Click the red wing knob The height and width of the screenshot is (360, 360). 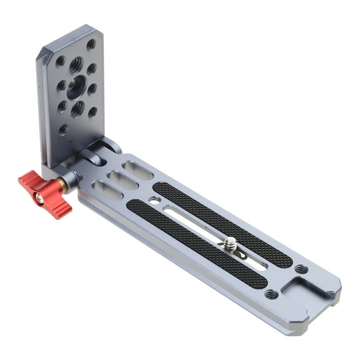45,194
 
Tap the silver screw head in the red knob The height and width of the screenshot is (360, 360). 39,198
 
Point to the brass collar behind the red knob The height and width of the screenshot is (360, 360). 63,184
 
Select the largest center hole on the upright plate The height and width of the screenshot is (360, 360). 76,87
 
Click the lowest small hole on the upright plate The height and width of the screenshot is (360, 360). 63,129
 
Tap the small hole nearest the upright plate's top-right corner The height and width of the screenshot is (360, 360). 91,44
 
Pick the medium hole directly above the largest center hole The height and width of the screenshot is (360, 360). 76,64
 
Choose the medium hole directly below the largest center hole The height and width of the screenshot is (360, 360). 77,109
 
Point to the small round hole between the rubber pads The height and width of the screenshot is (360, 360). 154,201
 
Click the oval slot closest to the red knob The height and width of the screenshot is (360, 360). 107,190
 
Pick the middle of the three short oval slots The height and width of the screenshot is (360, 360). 122,180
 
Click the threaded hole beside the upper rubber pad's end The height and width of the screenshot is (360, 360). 301,269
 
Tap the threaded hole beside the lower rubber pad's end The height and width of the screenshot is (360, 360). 271,293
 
